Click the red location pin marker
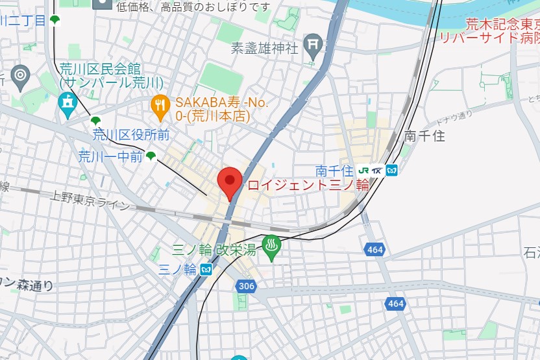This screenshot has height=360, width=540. tap(229, 182)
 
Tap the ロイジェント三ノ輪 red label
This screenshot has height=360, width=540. tap(308, 185)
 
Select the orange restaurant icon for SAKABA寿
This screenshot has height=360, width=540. tap(160, 104)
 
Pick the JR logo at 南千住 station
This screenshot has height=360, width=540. tap(363, 171)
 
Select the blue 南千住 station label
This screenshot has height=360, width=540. tap(334, 171)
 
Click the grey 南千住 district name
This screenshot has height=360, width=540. tap(424, 136)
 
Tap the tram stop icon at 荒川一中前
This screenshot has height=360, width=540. tap(151, 155)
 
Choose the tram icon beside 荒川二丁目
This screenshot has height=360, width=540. tap(56, 20)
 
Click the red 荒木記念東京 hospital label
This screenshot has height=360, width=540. tap(502, 25)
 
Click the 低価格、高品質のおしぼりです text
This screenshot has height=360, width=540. tap(193, 6)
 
